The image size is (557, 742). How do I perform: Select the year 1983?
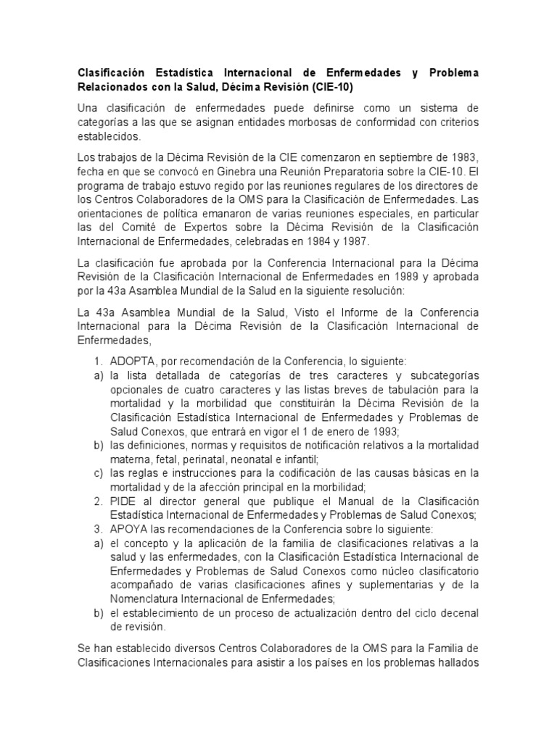pyautogui.click(x=463, y=158)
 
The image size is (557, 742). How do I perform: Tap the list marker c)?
pyautogui.click(x=97, y=473)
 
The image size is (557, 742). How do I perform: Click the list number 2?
pyautogui.click(x=97, y=501)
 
